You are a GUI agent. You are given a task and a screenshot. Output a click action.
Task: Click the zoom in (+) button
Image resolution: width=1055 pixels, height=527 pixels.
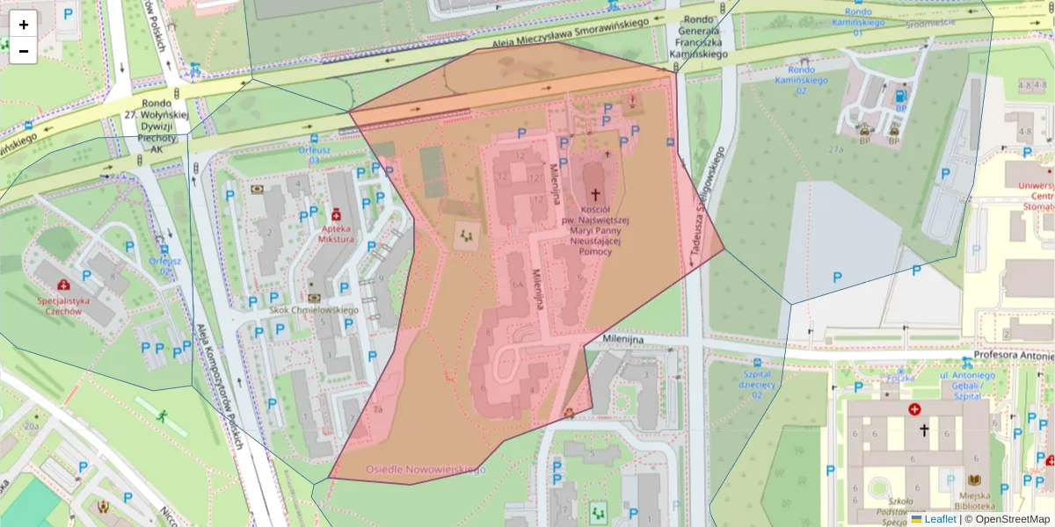(24, 25)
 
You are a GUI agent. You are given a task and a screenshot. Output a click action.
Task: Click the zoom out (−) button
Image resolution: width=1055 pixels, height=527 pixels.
(24, 51)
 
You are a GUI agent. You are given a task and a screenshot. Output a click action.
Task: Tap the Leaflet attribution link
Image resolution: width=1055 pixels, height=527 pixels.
(940, 519)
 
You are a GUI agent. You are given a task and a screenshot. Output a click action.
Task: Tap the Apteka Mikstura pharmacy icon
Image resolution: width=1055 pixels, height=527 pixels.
(335, 213)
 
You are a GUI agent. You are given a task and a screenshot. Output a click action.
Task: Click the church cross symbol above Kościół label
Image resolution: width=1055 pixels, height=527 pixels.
(595, 194)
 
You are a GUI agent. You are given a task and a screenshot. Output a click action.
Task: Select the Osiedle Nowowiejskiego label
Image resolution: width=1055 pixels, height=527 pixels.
(426, 470)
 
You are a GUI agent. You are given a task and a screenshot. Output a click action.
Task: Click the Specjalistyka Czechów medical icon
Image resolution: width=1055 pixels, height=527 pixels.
(63, 285)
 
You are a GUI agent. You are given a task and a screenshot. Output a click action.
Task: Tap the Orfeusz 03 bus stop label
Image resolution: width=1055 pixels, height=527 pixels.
(314, 155)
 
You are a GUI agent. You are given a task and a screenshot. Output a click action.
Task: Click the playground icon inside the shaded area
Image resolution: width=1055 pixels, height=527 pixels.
(465, 235)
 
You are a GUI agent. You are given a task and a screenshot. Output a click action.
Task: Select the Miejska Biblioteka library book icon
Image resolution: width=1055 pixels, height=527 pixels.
(974, 480)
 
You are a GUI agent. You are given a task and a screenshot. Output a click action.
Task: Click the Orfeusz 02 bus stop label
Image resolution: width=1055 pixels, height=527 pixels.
(164, 265)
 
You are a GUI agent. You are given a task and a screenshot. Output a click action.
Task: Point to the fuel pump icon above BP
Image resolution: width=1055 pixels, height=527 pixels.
(899, 95)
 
